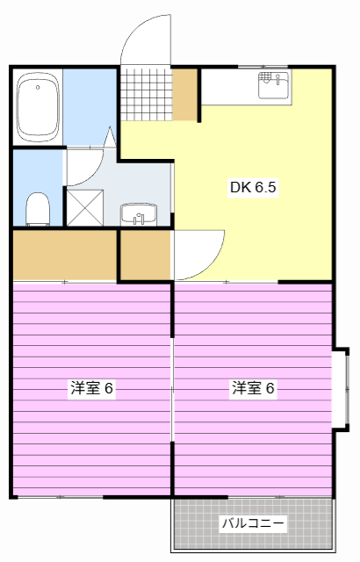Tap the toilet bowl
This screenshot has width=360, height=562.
(37, 209)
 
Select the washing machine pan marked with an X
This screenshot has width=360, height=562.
(85, 207)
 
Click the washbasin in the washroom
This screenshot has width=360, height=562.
(138, 213)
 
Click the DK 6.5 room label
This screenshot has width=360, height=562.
(253, 187)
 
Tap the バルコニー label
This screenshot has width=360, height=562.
(253, 524)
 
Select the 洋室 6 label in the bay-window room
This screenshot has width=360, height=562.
(254, 387)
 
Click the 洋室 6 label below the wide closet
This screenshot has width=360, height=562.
(92, 387)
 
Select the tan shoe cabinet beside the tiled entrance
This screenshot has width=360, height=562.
(185, 93)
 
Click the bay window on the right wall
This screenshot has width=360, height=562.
(340, 386)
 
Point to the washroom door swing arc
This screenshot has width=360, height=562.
(86, 167)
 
